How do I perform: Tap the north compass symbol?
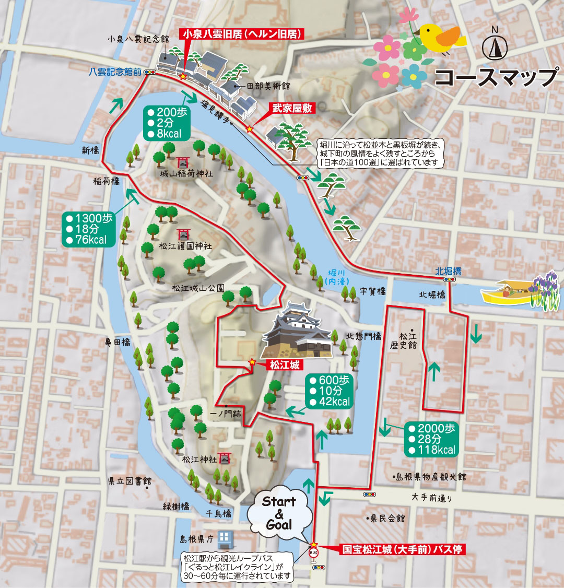[x=495, y=48]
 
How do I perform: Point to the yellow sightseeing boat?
[x=504, y=294]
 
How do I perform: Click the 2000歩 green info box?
[x=431, y=439]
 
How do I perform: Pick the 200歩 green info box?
[x=164, y=123]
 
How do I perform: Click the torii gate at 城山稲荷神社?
[x=184, y=162]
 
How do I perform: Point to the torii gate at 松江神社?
[x=225, y=457]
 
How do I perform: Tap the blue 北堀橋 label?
[x=448, y=271]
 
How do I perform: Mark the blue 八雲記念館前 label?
[x=115, y=72]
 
